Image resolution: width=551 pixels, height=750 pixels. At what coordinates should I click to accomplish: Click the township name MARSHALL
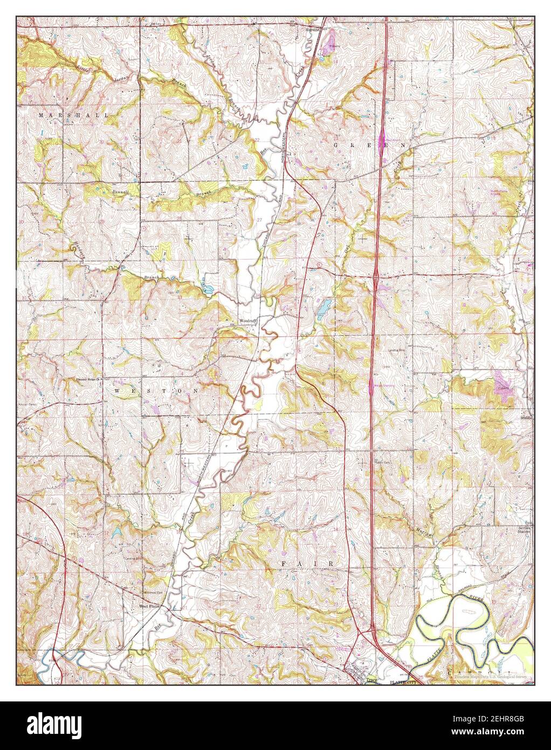coord(73,115)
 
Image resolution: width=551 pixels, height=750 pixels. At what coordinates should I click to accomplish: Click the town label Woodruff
coord(249,321)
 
